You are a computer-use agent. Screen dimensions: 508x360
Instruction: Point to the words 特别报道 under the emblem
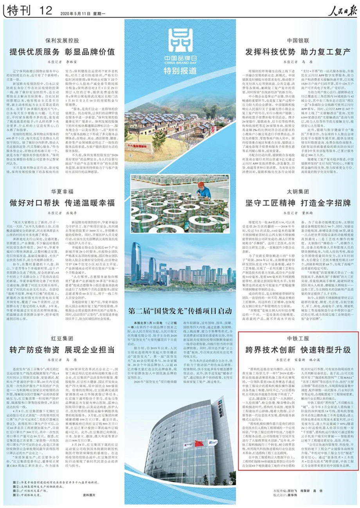(x=180, y=71)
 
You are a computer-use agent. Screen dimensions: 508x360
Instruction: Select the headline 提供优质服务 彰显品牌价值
(x=63, y=52)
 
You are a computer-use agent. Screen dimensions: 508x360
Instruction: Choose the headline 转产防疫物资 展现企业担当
(x=63, y=349)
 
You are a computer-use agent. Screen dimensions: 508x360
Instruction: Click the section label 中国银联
(x=298, y=40)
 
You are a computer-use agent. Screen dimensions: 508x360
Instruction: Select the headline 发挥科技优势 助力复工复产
(x=298, y=52)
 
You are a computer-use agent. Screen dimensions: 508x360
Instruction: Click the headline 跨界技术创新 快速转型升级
(x=298, y=350)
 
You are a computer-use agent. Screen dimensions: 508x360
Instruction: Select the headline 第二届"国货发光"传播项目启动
(x=180, y=300)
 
